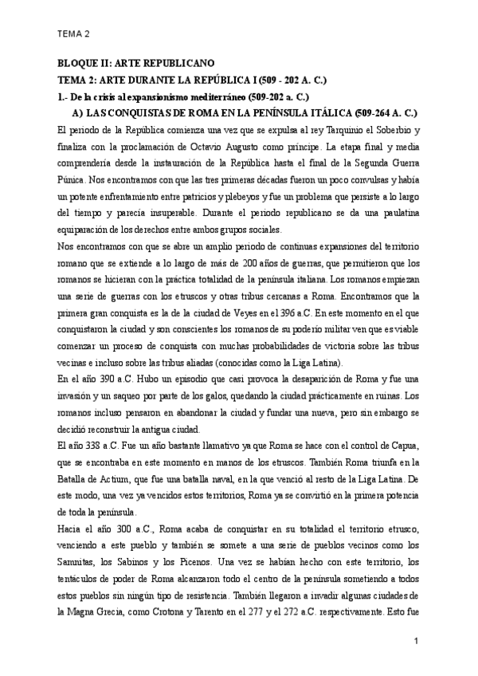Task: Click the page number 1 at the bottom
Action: (416, 641)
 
